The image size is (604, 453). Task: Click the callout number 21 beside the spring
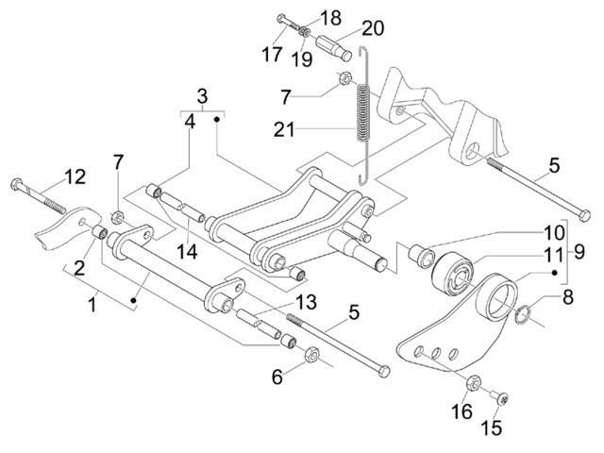pos(284,129)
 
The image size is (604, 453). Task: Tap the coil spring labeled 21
pos(362,114)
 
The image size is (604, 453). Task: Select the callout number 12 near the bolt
pos(75,177)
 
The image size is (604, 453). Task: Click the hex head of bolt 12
pos(17,184)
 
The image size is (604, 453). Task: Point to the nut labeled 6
pos(310,355)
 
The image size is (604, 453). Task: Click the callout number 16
pos(461,411)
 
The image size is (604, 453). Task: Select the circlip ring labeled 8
pos(522,313)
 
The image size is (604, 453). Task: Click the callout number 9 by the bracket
pos(579,252)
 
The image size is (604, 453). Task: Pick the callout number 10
pos(554,233)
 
